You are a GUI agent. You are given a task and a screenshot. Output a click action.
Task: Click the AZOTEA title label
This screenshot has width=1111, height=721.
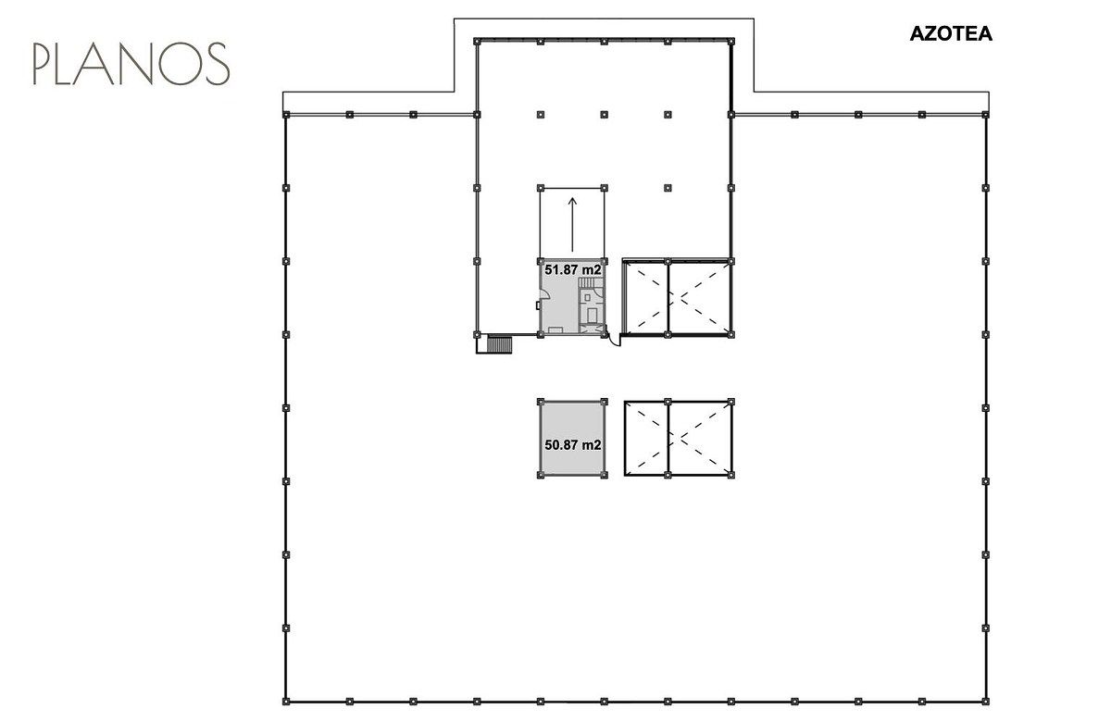tap(951, 33)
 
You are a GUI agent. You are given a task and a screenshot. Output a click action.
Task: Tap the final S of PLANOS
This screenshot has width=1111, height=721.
tap(218, 64)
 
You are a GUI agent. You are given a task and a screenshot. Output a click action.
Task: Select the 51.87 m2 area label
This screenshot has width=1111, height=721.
tap(573, 270)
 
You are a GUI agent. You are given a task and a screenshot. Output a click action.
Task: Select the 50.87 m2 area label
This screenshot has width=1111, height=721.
tap(573, 445)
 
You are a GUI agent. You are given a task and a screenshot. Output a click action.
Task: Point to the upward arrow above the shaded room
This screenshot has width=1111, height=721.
tap(572, 225)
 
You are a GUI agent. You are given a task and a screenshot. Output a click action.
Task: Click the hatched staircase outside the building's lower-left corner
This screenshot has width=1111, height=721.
tap(499, 343)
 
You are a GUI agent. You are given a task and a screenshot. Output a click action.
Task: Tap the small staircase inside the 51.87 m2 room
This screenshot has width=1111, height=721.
tap(591, 282)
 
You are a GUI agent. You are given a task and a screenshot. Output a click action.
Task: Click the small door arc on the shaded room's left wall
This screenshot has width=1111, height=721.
tap(545, 294)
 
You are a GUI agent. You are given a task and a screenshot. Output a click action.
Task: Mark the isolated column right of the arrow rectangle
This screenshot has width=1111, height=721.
tap(668, 188)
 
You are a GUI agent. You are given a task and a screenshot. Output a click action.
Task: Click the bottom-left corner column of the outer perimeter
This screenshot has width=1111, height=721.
tap(286, 702)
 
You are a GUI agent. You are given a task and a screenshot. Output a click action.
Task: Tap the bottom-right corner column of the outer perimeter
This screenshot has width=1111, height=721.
tap(985, 702)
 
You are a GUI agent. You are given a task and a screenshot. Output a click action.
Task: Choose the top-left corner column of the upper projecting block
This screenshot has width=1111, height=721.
tap(477, 42)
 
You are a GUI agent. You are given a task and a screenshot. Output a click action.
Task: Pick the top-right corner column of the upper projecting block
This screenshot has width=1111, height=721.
tap(731, 42)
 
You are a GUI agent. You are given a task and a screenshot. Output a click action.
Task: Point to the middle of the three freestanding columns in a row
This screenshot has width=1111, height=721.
tap(604, 115)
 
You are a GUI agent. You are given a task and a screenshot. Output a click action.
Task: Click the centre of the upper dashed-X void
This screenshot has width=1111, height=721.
tap(678, 297)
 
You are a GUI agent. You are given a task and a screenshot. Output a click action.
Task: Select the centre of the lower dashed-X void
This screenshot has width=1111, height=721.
tap(679, 439)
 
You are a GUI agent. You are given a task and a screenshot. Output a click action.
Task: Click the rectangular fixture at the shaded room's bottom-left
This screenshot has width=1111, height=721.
tap(555, 329)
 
